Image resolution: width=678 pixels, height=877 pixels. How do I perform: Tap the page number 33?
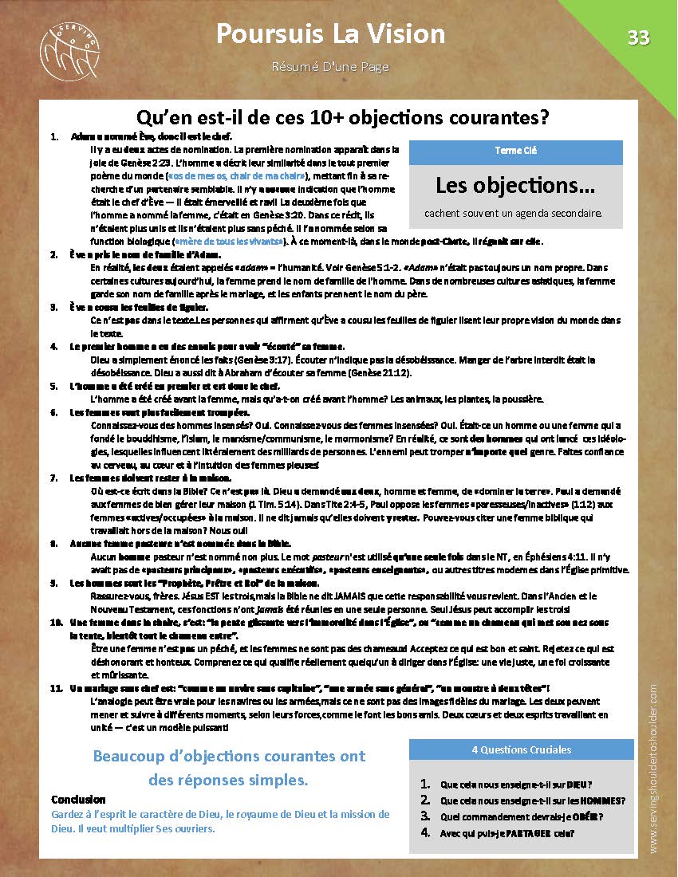[x=638, y=37]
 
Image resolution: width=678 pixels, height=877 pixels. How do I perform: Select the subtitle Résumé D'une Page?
[x=330, y=66]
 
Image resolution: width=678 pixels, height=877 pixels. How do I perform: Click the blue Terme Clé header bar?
[x=514, y=151]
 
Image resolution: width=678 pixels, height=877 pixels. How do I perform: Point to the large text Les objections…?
[x=514, y=186]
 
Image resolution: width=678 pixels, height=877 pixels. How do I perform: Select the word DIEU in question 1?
[x=580, y=785]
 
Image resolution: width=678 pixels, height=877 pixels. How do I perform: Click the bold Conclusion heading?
[x=78, y=800]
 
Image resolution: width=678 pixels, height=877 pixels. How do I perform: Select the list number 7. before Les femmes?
[x=54, y=478]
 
